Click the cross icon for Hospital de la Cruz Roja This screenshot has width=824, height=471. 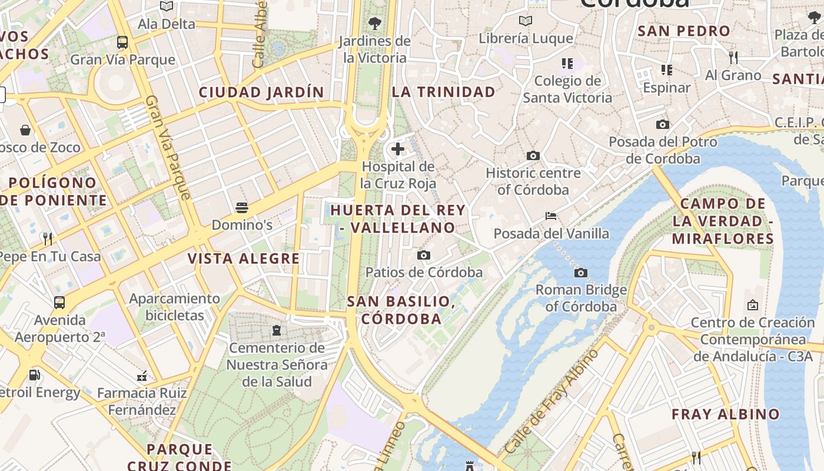coord(398,149)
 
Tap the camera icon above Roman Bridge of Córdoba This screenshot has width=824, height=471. coord(581,273)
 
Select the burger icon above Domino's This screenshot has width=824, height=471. coord(241,207)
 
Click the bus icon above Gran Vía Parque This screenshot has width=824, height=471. coord(122,42)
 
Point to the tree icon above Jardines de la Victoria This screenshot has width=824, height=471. coord(374,24)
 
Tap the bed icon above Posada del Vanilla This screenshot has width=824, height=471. coord(551,216)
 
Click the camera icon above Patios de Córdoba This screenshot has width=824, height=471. coord(424,255)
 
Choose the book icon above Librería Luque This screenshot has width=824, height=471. coord(526,21)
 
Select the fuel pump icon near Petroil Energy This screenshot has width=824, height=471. coord(35,375)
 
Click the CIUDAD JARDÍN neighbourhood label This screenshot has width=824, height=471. coord(261,92)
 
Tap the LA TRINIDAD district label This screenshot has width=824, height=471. coord(444,92)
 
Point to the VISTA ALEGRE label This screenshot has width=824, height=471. coord(244,258)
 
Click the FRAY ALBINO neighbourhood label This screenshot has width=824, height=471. coord(726,414)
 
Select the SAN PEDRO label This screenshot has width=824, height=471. coord(684,31)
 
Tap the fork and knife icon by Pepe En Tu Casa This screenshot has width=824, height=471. coord(48,238)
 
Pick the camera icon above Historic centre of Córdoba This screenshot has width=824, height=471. coord(533,156)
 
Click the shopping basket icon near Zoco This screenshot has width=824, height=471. coord(25,130)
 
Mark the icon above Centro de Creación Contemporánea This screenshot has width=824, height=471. coord(752,305)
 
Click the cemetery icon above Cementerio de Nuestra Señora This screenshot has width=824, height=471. coord(277,330)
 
